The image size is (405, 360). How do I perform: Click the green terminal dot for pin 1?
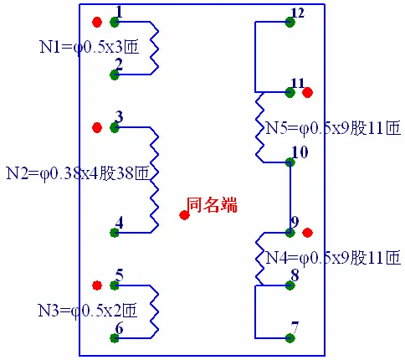pos(115,22)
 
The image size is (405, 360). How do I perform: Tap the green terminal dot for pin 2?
pos(115,75)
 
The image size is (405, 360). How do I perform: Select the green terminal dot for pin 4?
pos(115,233)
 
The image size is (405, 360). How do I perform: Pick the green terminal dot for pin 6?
pos(115,338)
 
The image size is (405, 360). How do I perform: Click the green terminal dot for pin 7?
pos(290,338)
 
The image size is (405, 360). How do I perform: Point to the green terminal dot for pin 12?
pos(290,22)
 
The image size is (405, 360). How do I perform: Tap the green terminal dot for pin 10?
pos(290,162)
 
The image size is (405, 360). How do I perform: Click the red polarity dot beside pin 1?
pos(97,22)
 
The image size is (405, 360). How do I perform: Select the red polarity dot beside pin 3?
pos(97,127)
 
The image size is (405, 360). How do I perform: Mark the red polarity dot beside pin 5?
pos(97,285)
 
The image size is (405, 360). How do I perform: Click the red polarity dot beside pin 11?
pos(308,92)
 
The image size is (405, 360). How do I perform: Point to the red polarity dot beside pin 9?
pos(308,233)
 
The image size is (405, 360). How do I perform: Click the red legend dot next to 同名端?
pos(184,215)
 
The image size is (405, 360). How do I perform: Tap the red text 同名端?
pos(212,205)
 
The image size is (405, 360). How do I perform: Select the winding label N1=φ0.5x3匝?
pos(90,47)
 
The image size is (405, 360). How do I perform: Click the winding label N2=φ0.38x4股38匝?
pos(78,173)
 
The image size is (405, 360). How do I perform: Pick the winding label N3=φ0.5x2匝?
pos(88,311)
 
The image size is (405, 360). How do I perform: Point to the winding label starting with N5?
pos(333,128)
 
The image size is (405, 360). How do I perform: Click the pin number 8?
pos(295,275)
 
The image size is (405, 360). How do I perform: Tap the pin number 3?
pos(119,117)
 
